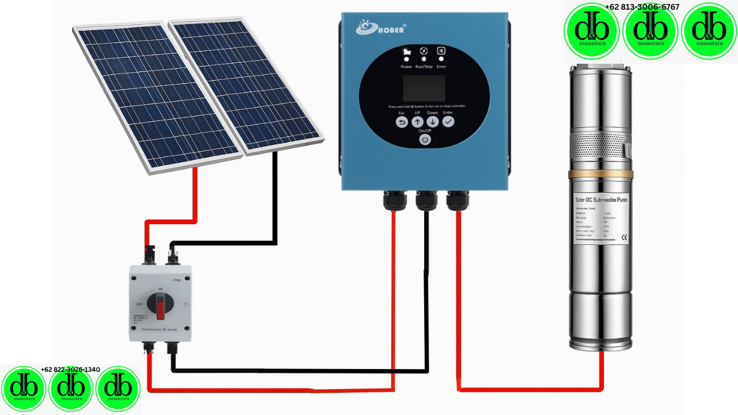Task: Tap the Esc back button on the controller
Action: tap(402, 122)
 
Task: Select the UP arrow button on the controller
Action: tap(418, 122)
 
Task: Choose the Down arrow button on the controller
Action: tap(433, 122)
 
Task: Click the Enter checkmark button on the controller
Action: tap(448, 122)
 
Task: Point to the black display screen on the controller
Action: tap(424, 89)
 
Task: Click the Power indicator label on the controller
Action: tap(406, 66)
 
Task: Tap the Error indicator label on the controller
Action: tap(441, 66)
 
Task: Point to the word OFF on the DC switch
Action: tap(139, 304)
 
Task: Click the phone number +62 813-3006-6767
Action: tap(642, 7)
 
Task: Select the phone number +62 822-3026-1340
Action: tap(70, 370)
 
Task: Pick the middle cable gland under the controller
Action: tap(426, 200)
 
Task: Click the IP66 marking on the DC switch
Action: tap(176, 280)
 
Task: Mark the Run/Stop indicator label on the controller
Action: tap(424, 66)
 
